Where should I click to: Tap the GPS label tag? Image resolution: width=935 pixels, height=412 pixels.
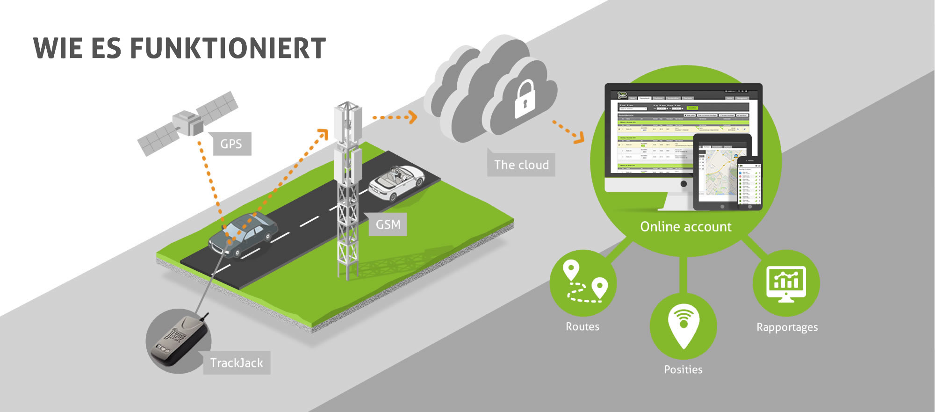tap(231, 144)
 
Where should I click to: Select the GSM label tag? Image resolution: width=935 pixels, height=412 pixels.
tap(388, 225)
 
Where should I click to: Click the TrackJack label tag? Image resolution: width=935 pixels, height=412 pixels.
tap(237, 363)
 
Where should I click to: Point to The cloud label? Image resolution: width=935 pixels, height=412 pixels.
tap(521, 165)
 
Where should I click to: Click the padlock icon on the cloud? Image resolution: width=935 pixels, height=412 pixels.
tap(525, 99)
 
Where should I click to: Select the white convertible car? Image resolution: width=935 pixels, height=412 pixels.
tap(396, 182)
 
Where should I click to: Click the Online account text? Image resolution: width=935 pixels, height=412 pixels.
tap(685, 227)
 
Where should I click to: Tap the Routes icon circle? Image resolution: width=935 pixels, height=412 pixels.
tap(583, 283)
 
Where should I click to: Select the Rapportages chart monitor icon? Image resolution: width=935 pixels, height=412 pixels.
tap(786, 283)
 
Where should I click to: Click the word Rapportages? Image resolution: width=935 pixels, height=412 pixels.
tap(787, 327)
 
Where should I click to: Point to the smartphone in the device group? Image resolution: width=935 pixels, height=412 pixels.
tap(749, 183)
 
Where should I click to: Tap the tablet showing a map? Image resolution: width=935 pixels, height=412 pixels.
tap(718, 173)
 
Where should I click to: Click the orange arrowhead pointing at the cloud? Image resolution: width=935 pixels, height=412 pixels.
tap(412, 117)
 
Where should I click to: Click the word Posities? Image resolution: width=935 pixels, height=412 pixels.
tap(683, 370)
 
